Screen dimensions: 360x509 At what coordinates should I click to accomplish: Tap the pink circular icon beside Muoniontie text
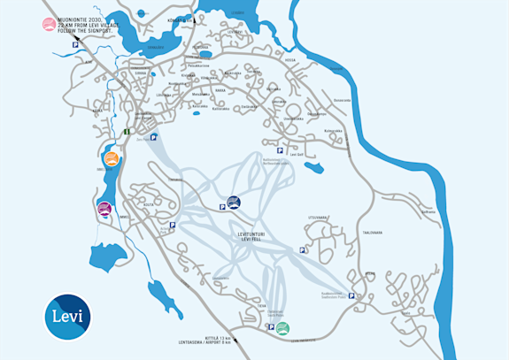[48, 25]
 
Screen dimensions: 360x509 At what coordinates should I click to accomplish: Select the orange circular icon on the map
[110, 160]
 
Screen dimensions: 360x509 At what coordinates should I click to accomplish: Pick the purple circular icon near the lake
[104, 209]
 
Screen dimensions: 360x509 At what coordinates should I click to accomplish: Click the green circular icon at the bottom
[282, 328]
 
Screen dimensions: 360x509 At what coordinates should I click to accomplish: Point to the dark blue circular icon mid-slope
[234, 203]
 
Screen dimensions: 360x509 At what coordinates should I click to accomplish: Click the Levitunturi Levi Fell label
[253, 236]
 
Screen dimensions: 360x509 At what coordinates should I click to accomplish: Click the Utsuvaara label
[319, 217]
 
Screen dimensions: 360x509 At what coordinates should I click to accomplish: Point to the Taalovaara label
[371, 233]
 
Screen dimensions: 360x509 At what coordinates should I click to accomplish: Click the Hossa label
[289, 61]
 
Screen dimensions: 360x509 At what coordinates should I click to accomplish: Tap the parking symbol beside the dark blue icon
[221, 207]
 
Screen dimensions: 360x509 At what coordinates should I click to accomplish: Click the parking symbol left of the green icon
[270, 327]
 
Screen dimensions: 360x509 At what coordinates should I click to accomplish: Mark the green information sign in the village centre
[126, 132]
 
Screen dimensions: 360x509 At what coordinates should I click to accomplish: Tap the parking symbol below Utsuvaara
[304, 250]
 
